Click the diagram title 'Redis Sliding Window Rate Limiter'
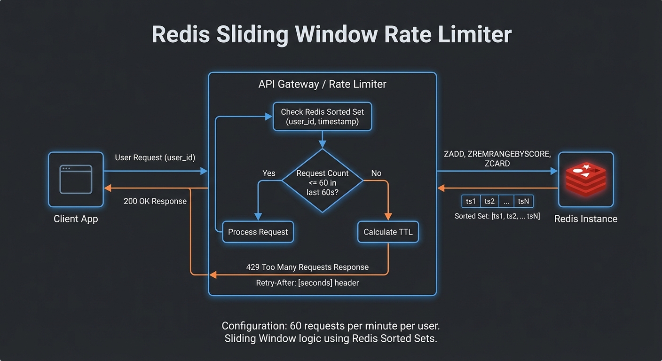(x=331, y=35)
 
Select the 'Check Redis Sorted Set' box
(x=322, y=117)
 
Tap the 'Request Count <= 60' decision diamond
(x=323, y=181)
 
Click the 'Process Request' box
(x=258, y=232)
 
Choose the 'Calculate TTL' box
(x=388, y=232)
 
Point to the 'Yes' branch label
(x=268, y=173)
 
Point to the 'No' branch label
(x=376, y=173)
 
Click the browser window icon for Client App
(x=76, y=180)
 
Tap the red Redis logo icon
(x=585, y=179)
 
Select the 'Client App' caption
(x=76, y=219)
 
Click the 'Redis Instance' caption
(x=585, y=219)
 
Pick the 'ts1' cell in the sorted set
(x=471, y=201)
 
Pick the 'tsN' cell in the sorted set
(x=523, y=201)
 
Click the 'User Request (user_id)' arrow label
(x=155, y=157)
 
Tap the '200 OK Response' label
(x=155, y=201)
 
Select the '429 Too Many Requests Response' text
(x=307, y=267)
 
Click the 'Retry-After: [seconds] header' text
(x=307, y=283)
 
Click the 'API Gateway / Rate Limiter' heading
(x=322, y=85)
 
